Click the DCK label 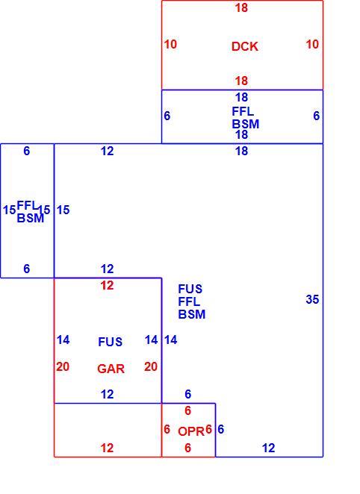coord(245,46)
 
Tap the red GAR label coord(111,369)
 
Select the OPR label coord(191,431)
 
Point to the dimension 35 coord(312,299)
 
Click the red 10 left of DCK coord(170,45)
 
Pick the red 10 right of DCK coord(312,45)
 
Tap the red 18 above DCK coord(241,8)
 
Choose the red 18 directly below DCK coord(241,81)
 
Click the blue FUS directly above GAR coord(110,342)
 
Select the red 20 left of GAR coord(63,366)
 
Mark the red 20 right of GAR coord(151,366)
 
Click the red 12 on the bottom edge coord(107,448)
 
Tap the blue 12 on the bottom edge coord(268,448)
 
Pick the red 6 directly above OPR coord(188,410)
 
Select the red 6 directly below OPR coord(188,448)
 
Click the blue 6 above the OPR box coord(188,394)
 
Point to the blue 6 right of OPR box coord(220,429)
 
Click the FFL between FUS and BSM coord(189,301)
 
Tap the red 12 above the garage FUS coord(107,286)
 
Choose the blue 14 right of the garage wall coord(170,340)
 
